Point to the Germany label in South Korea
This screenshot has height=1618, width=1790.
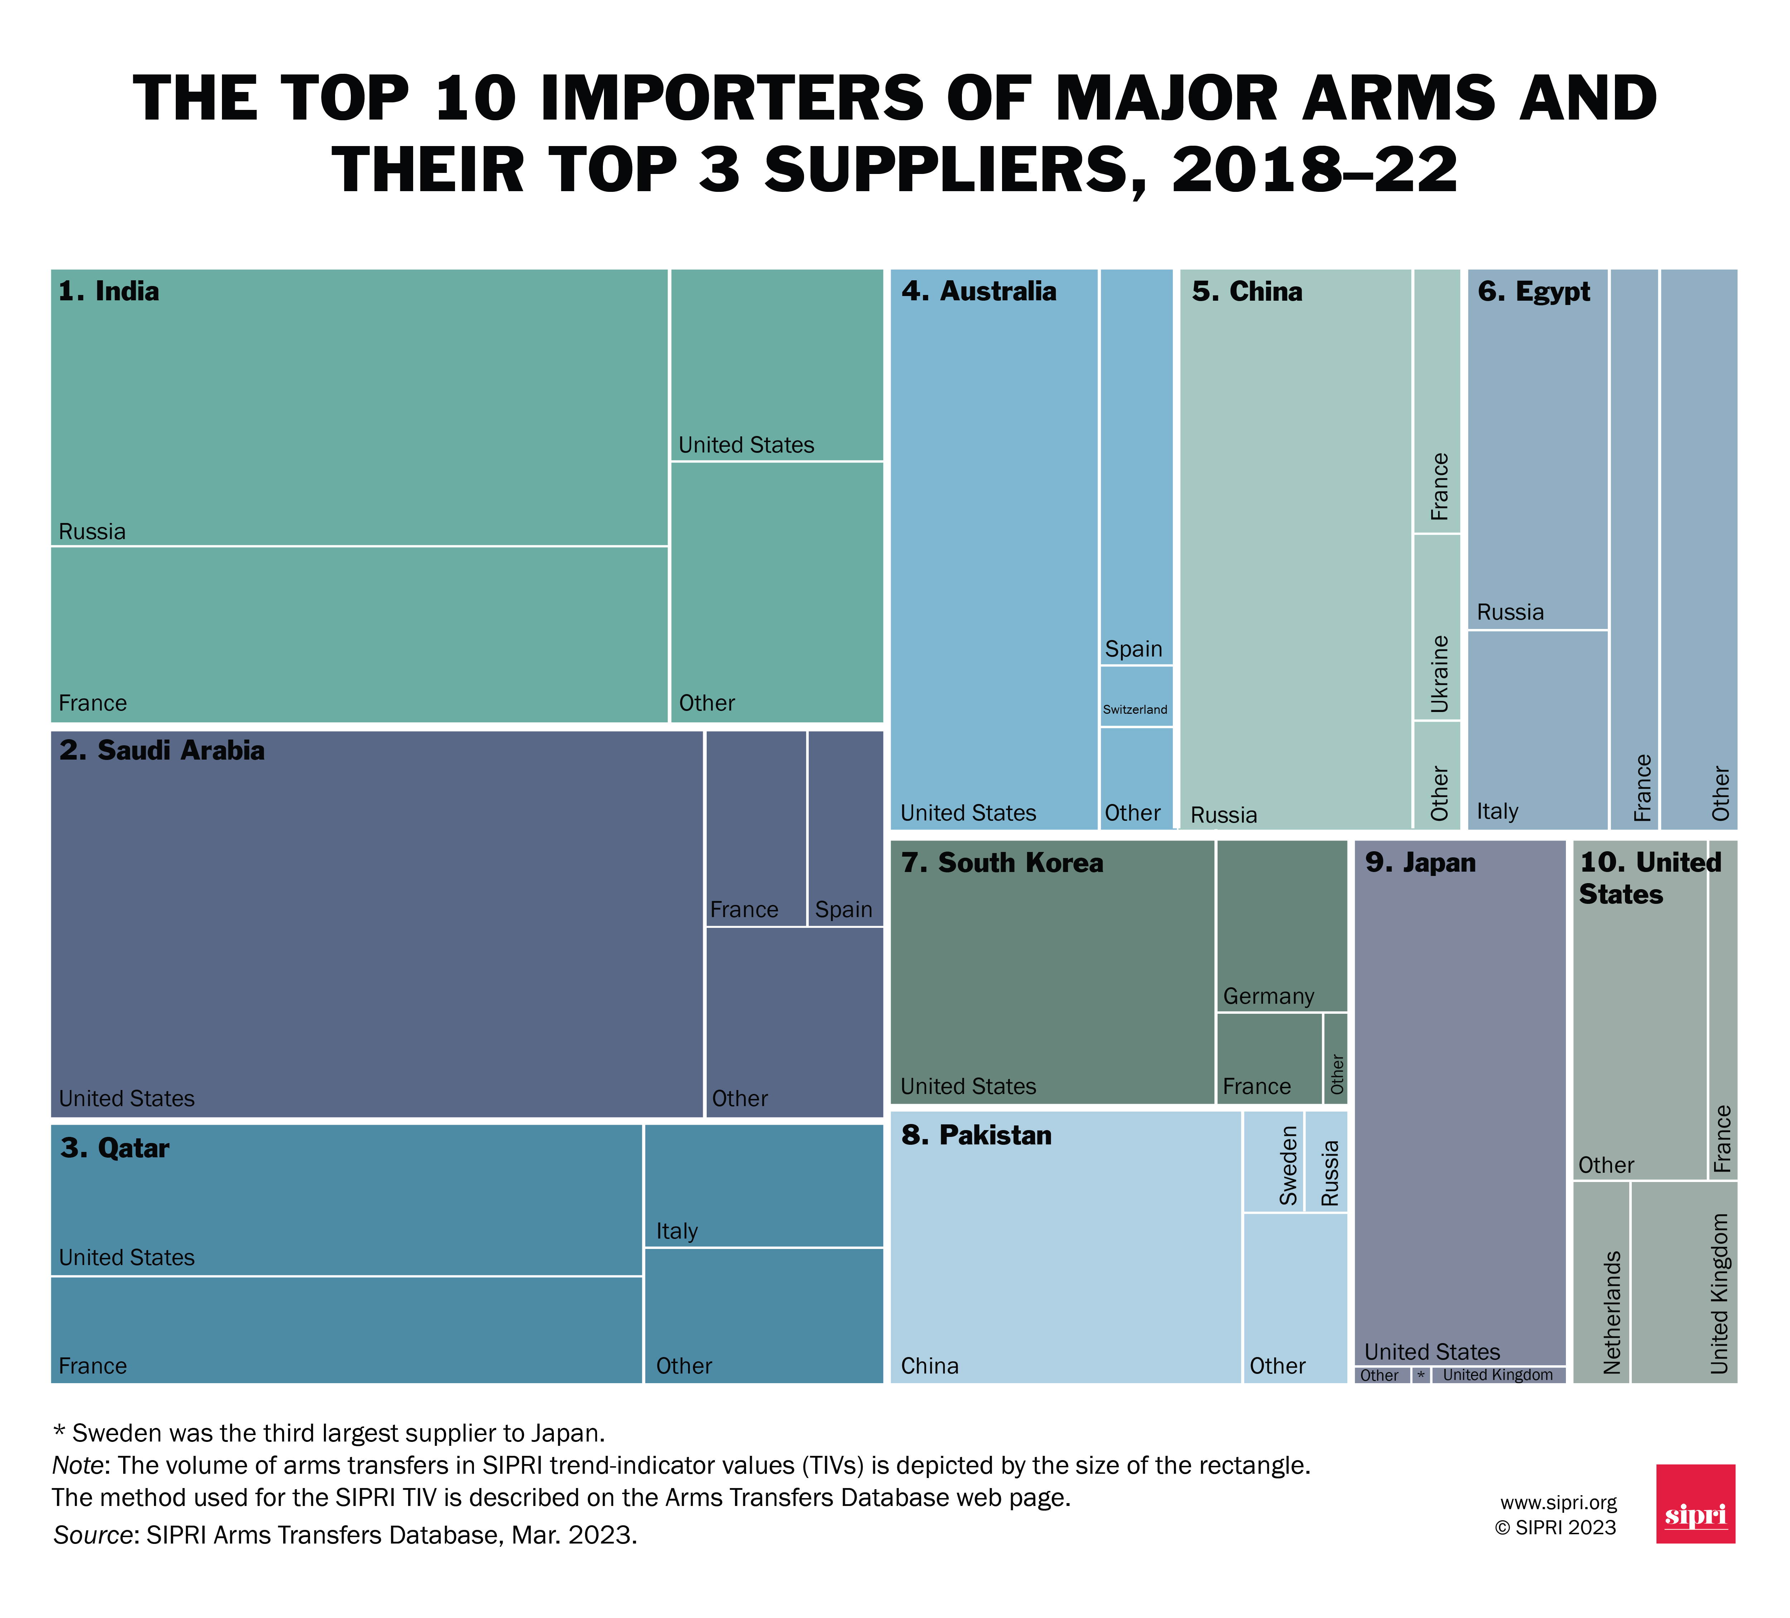1268,996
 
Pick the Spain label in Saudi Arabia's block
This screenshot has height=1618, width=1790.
843,910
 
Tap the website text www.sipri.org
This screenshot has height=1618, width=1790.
1558,1502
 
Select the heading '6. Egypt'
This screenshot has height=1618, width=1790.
1533,291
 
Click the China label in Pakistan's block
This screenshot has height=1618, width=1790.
930,1366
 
